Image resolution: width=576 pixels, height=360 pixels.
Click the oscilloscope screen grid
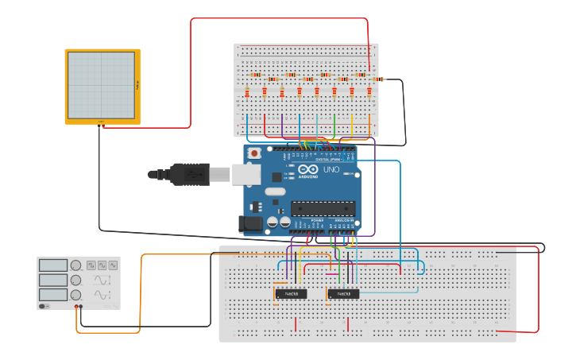coord(101,84)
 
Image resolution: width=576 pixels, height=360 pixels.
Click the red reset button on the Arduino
coord(254,153)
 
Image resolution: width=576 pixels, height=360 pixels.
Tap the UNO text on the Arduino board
coord(331,169)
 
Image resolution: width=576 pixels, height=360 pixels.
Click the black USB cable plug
coord(190,173)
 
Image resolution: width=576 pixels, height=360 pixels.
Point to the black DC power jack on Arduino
coord(251,225)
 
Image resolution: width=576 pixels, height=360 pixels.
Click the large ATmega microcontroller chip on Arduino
coord(321,209)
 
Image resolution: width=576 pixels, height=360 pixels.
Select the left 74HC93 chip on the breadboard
coord(291,293)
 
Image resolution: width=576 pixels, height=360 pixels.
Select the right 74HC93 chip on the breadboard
coord(343,293)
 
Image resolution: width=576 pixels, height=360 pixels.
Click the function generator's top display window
coord(52,265)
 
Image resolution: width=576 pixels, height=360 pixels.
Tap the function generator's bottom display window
coord(52,295)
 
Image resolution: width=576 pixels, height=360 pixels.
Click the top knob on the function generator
coord(75,265)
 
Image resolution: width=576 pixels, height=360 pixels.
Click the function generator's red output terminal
coord(77,306)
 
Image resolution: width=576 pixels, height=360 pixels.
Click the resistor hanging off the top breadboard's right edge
coord(378,79)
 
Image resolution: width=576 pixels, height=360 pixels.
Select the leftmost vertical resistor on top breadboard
coord(247,92)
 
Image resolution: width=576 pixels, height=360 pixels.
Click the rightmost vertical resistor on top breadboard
coord(369,92)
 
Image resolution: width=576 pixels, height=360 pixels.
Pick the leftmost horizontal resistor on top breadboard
coord(256,75)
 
